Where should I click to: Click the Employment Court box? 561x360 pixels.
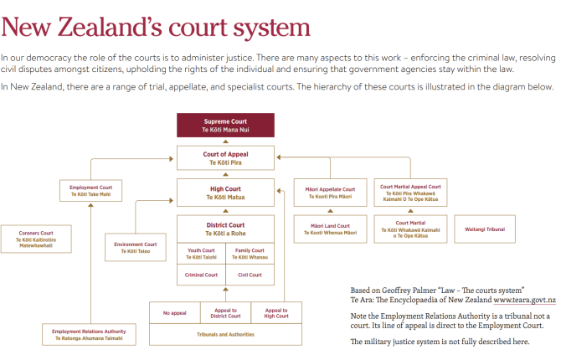(x=90, y=189)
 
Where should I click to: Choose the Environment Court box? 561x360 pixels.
(x=136, y=248)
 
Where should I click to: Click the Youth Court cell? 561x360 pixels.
(x=201, y=254)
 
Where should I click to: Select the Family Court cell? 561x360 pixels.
(x=250, y=254)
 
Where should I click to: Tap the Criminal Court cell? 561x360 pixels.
(x=201, y=275)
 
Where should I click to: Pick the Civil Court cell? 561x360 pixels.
(x=250, y=275)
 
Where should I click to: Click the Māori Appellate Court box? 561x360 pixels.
(x=332, y=193)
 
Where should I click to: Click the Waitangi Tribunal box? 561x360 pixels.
(x=485, y=229)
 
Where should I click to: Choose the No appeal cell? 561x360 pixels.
(x=175, y=312)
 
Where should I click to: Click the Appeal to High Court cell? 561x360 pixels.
(x=275, y=312)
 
